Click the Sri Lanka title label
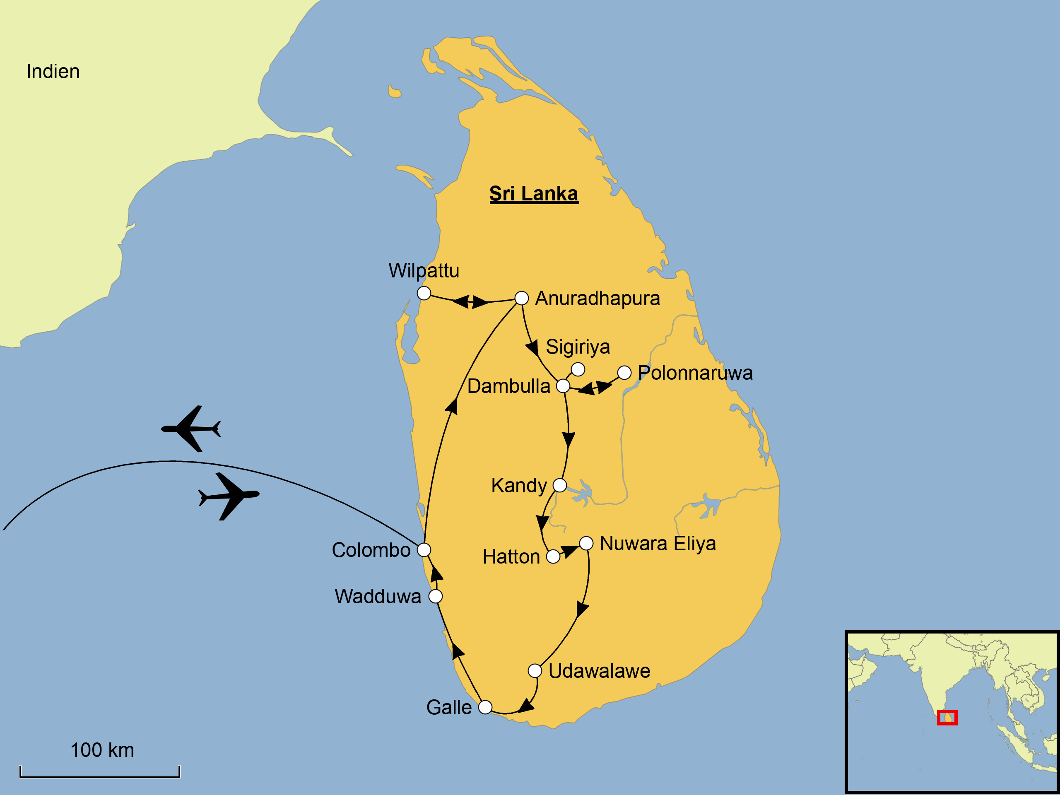534,194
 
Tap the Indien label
53,71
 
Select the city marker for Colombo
424,549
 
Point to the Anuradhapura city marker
521,298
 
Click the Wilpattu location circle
424,293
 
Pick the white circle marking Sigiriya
578,369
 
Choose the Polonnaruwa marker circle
624,372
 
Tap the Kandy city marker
560,485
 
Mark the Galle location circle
485,707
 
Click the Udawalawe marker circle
535,670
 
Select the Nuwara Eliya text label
658,543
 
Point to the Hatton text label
511,557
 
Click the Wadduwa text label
378,597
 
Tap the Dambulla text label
508,386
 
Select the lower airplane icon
229,496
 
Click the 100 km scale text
102,750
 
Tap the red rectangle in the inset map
947,718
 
